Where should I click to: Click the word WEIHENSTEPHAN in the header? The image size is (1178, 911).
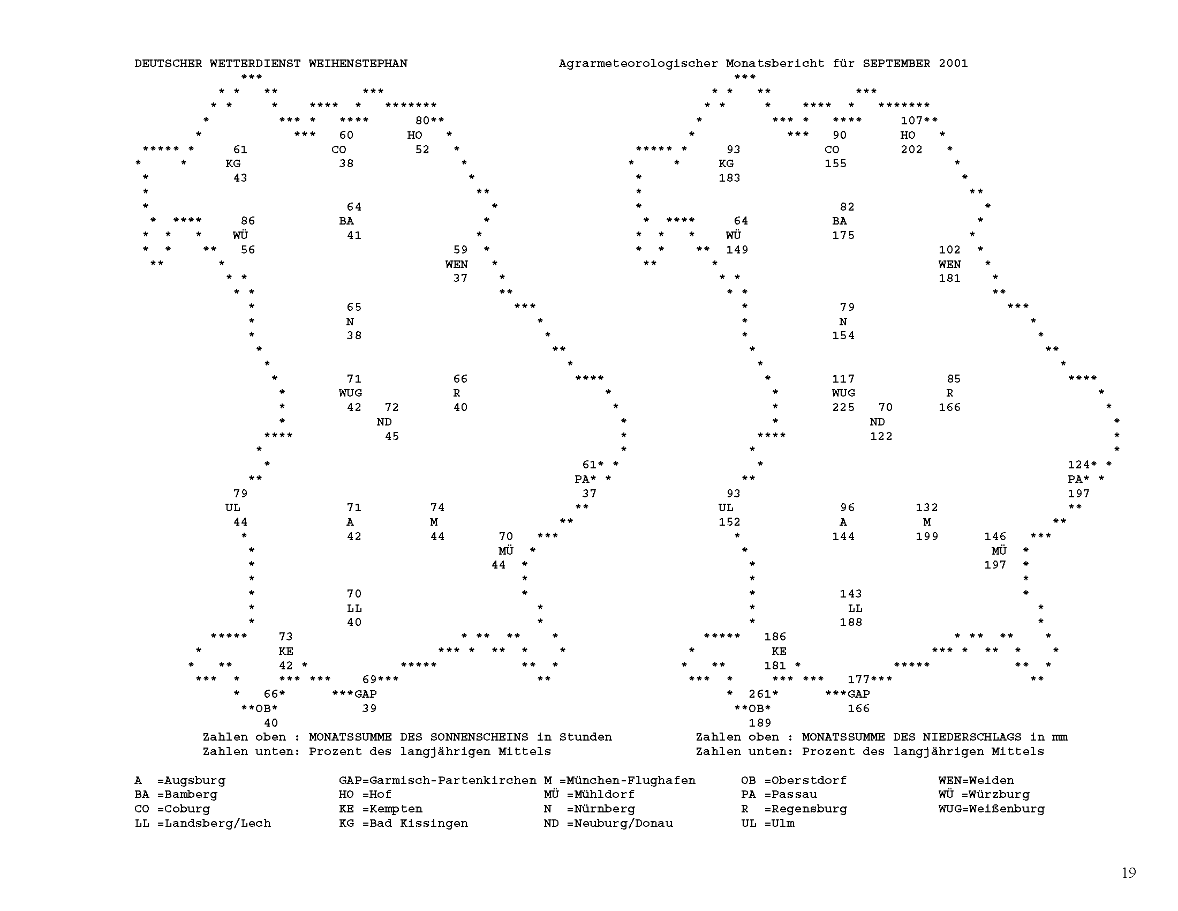click(x=358, y=63)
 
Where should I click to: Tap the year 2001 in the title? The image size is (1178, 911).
click(x=953, y=63)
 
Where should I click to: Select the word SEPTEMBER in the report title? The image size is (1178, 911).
click(x=896, y=63)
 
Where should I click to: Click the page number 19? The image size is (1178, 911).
click(x=1129, y=872)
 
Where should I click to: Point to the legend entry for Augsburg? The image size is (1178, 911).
click(x=180, y=780)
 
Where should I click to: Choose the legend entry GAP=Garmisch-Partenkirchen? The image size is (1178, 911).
click(x=437, y=780)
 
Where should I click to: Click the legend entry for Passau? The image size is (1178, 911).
click(x=779, y=794)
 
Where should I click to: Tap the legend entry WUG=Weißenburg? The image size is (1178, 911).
click(x=991, y=809)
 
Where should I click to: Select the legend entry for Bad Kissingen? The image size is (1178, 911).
click(x=403, y=823)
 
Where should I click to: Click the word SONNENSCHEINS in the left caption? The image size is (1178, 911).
click(x=479, y=737)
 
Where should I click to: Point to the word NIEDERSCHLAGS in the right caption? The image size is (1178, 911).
click(x=972, y=737)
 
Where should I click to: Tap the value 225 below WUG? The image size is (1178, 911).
click(x=843, y=407)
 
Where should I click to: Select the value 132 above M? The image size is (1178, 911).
click(x=927, y=508)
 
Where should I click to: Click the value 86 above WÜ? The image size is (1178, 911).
click(x=248, y=221)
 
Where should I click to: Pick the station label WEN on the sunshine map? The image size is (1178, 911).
click(x=456, y=264)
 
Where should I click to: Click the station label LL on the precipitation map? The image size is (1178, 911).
click(x=855, y=608)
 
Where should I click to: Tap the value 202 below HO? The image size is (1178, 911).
click(x=911, y=150)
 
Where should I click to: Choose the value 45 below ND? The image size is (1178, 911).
click(x=392, y=436)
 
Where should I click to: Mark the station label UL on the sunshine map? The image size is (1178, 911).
click(x=233, y=508)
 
